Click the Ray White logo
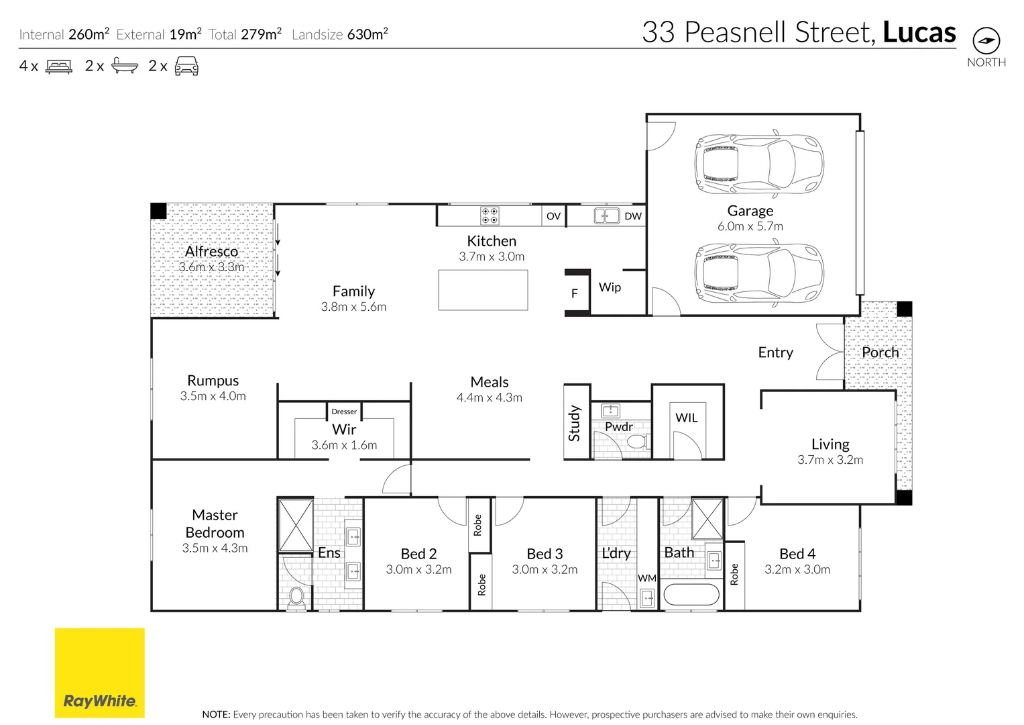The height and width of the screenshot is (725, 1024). (99, 673)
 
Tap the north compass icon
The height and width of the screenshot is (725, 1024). (986, 41)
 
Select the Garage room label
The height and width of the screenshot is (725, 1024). (750, 211)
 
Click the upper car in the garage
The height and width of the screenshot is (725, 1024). (758, 164)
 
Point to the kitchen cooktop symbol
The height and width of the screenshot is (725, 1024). (490, 215)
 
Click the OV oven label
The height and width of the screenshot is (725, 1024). (553, 216)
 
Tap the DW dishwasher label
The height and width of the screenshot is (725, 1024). (632, 216)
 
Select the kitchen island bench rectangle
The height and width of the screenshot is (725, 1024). (483, 290)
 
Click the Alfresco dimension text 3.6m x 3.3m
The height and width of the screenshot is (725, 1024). (211, 267)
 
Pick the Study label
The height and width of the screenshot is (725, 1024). (575, 423)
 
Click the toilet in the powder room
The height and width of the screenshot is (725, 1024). (636, 442)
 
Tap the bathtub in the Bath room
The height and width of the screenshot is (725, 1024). (691, 595)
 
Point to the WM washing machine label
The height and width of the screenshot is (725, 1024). (647, 578)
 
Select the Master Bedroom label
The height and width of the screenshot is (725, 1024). (215, 524)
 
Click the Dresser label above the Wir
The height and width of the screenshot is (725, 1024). (344, 412)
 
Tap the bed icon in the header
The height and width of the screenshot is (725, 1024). (59, 66)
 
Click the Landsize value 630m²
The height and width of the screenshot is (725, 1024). (367, 34)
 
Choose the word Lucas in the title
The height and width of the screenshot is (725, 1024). (919, 32)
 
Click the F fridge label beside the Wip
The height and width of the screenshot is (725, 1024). (574, 293)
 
